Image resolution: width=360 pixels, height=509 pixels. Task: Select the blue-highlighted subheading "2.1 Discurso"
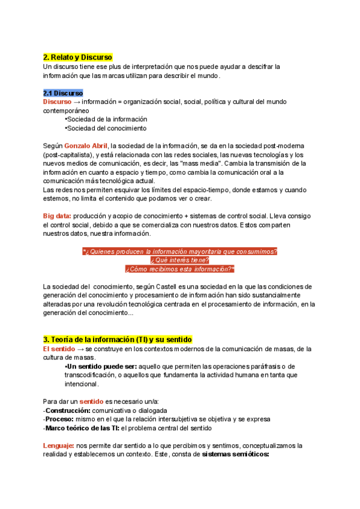click(x=63, y=93)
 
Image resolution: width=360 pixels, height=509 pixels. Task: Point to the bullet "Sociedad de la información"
click(x=106, y=119)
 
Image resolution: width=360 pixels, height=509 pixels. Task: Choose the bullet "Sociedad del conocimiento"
click(x=106, y=128)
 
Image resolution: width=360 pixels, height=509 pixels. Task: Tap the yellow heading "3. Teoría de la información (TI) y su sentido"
click(x=118, y=340)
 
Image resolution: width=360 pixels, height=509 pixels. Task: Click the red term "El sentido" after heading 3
click(x=58, y=349)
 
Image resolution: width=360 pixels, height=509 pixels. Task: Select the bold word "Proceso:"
click(x=60, y=419)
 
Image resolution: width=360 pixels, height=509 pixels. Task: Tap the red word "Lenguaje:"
click(x=58, y=445)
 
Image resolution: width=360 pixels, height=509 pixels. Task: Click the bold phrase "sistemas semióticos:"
click(x=236, y=454)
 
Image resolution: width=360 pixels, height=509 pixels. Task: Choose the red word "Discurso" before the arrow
click(x=57, y=102)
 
